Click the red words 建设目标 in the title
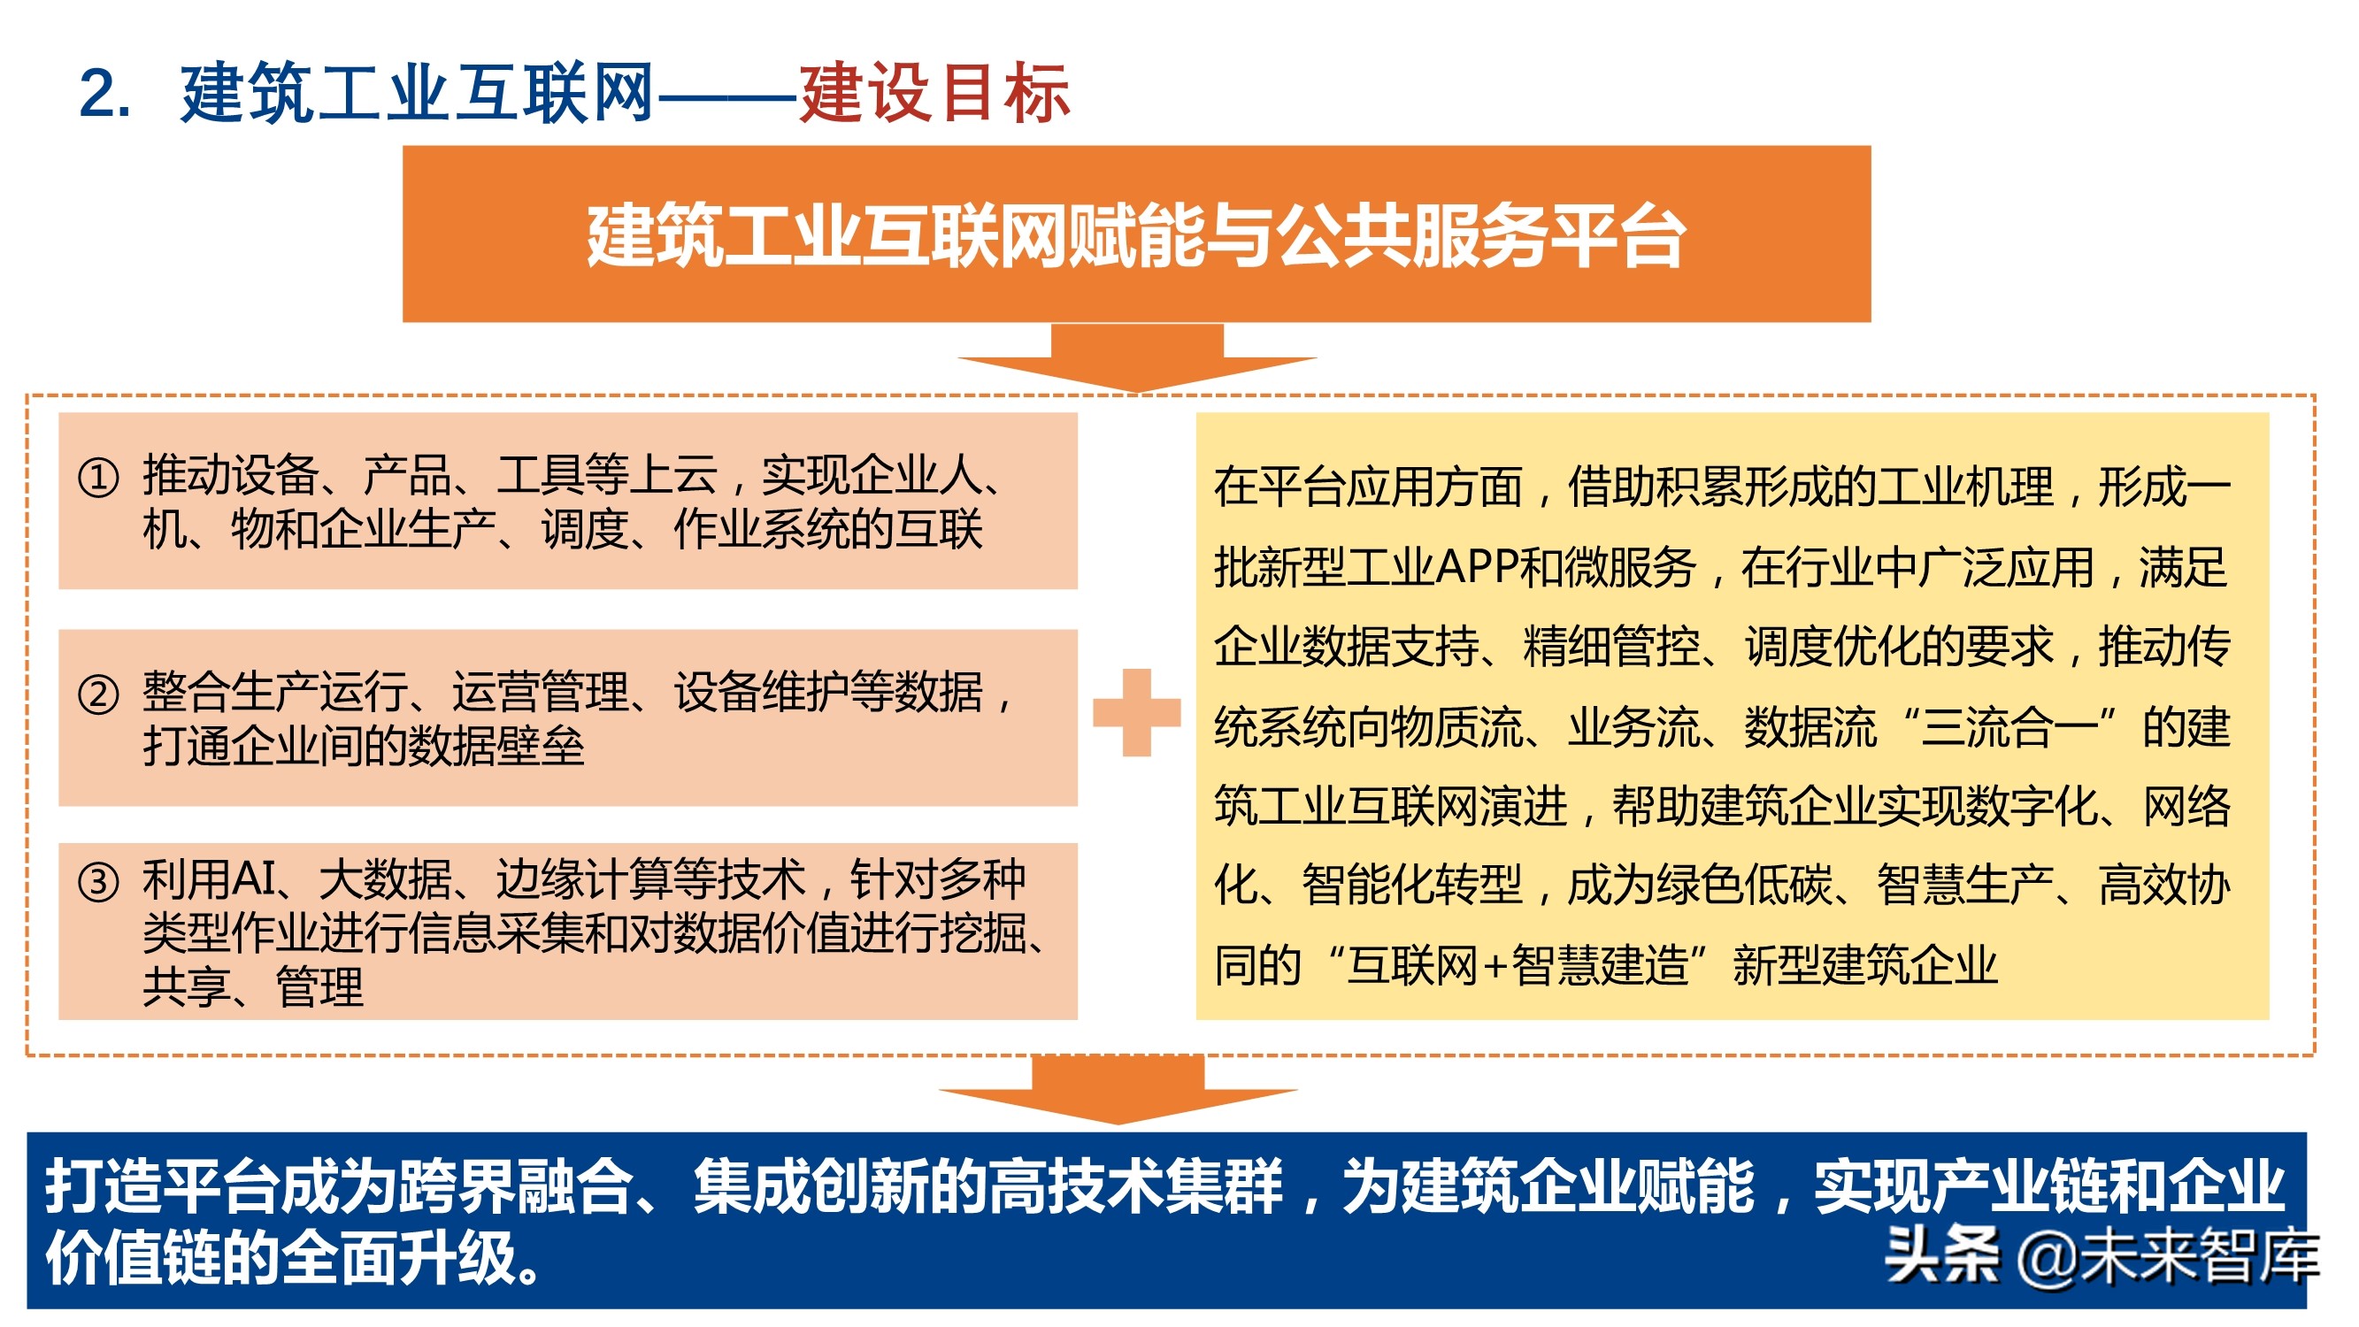[x=934, y=95]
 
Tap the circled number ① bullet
[x=99, y=477]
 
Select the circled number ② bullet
[x=99, y=694]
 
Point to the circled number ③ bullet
[x=99, y=883]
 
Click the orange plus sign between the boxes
[x=1136, y=712]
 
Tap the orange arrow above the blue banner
[x=1118, y=1090]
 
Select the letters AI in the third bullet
[x=255, y=879]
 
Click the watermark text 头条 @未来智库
[x=2102, y=1256]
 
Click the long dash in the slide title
[x=726, y=95]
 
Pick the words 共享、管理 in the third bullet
[x=253, y=988]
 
